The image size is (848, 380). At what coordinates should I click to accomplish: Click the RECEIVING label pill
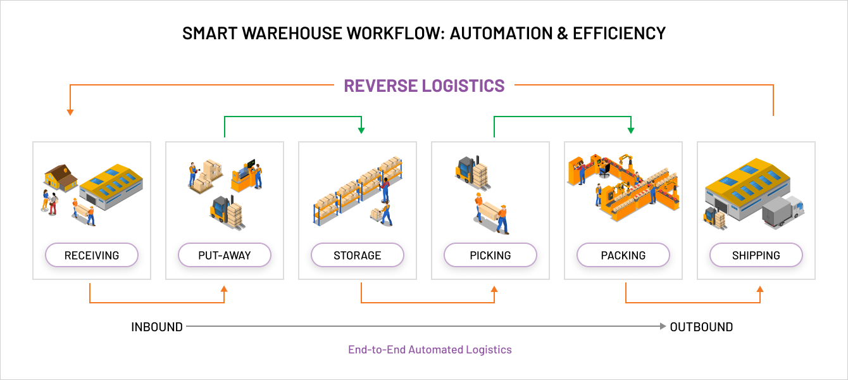coord(92,256)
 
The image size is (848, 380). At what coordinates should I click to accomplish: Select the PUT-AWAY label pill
coord(225,256)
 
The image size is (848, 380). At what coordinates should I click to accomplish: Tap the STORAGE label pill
coord(358,256)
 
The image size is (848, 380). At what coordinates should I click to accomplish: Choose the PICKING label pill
coord(490,256)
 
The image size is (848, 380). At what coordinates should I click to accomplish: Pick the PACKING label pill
coord(623,256)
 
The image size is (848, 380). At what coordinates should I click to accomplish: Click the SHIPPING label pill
coord(756,256)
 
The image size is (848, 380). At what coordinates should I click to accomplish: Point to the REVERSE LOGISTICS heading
coord(424,85)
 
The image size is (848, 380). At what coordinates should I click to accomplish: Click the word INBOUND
coord(157,327)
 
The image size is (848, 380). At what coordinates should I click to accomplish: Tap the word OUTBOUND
coord(701,327)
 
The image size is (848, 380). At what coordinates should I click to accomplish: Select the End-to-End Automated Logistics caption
coord(430,350)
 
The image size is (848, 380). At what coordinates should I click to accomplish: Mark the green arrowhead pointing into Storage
coord(361,130)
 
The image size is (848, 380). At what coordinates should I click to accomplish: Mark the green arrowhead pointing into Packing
coord(630,130)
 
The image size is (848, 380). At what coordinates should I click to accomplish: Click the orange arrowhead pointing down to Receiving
coord(70,112)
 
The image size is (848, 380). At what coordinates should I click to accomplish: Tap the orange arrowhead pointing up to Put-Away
coord(224,289)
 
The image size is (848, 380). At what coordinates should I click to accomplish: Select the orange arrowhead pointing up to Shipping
coord(760,289)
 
